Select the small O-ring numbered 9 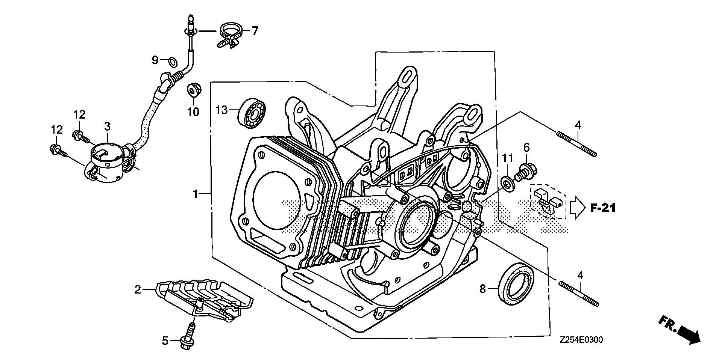click(173, 60)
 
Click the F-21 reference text click(602, 208)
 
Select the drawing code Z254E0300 click(581, 340)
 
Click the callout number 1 click(195, 194)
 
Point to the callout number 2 click(138, 289)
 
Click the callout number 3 click(107, 126)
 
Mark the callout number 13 click(222, 110)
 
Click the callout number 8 click(483, 289)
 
